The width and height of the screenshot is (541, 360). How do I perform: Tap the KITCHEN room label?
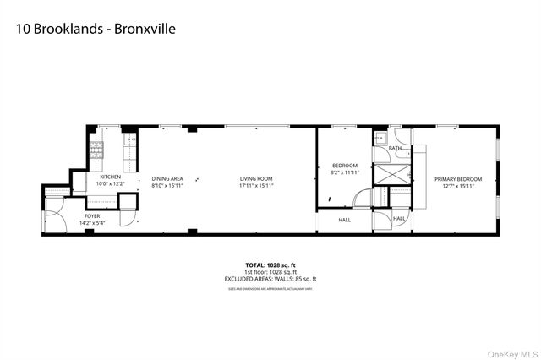point(111,177)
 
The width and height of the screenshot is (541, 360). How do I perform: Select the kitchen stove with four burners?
point(96,152)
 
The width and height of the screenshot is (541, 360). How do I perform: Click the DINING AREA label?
point(167,178)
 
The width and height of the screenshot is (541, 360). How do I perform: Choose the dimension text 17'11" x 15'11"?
point(255,184)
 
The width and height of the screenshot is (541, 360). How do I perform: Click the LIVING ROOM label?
point(255,178)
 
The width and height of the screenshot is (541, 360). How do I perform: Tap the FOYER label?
point(92,216)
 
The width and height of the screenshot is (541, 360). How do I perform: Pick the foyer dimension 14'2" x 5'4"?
point(92,223)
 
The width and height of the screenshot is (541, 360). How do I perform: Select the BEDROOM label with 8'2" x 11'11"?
point(344,165)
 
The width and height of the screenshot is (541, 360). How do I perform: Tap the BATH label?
point(395,149)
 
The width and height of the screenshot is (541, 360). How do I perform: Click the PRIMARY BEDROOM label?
point(458,178)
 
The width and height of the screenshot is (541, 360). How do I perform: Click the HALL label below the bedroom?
point(345,220)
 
